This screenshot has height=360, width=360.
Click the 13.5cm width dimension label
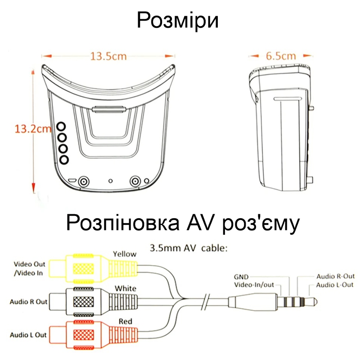coord(108,56)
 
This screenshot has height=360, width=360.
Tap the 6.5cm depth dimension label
coord(281,56)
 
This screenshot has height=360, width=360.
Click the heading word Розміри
coord(178,20)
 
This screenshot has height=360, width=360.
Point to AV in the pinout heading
coord(199,223)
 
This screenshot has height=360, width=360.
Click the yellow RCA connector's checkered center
coord(84,269)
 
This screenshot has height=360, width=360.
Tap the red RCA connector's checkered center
coord(84,335)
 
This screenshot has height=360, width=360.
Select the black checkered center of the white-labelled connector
coord(84,301)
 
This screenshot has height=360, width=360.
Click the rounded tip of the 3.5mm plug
coord(314,301)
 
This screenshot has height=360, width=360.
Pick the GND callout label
coord(241,277)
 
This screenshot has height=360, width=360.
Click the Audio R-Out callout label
coord(335,276)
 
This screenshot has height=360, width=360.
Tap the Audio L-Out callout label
coord(334,285)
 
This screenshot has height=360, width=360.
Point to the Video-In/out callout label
coord(254,285)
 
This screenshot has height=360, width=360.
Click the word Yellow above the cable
coord(125,254)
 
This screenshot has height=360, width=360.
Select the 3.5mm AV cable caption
coord(189,248)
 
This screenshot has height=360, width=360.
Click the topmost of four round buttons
coord(61,126)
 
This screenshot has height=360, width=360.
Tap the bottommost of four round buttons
coord(64,160)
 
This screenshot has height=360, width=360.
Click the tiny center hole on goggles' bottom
coord(110,181)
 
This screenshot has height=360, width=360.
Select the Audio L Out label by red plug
coord(28,335)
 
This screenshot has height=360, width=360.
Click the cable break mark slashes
coord(206,302)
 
